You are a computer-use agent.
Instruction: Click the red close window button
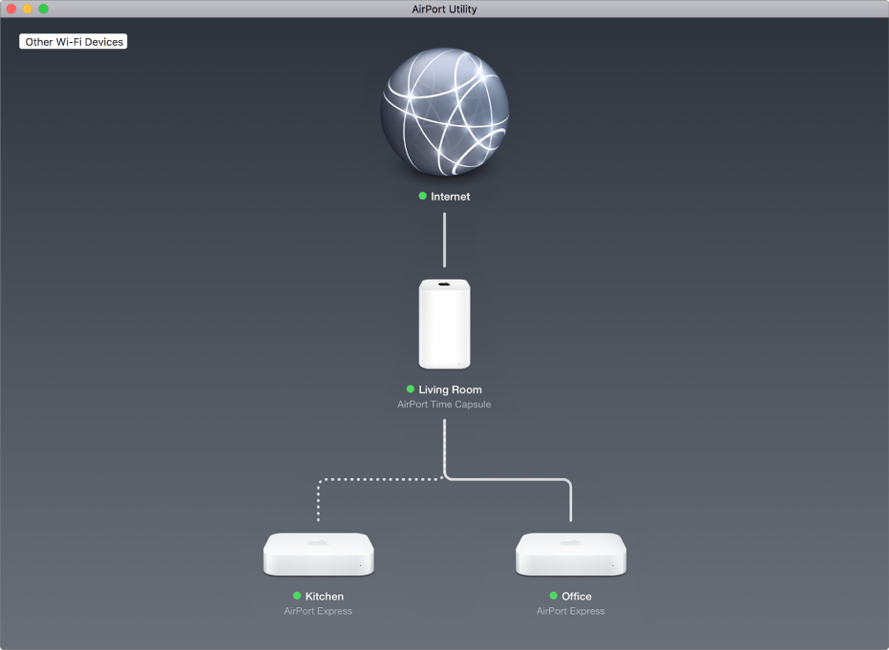pos(11,9)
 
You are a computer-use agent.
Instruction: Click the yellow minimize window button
pos(27,9)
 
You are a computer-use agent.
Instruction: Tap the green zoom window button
pos(44,9)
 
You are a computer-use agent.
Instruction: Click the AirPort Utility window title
pos(445,9)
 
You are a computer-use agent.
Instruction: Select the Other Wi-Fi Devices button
pos(74,41)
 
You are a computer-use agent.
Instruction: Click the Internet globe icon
pos(445,112)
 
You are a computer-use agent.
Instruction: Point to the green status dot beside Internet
pos(422,196)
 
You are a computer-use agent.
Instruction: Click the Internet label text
pos(450,197)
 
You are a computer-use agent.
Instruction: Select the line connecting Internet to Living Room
pos(445,240)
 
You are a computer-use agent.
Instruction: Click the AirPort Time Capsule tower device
pos(445,324)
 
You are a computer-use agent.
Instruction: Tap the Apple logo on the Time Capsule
pos(445,283)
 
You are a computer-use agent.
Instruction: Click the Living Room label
pos(450,389)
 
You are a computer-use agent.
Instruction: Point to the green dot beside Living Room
pos(411,389)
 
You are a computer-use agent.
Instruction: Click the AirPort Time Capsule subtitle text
pos(444,404)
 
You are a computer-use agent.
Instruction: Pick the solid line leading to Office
pos(507,479)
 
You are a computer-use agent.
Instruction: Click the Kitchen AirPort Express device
pos(319,555)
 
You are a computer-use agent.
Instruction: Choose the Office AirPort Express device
pos(571,555)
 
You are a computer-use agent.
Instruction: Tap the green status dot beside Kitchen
pos(297,596)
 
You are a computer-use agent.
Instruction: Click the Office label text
pos(577,597)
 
